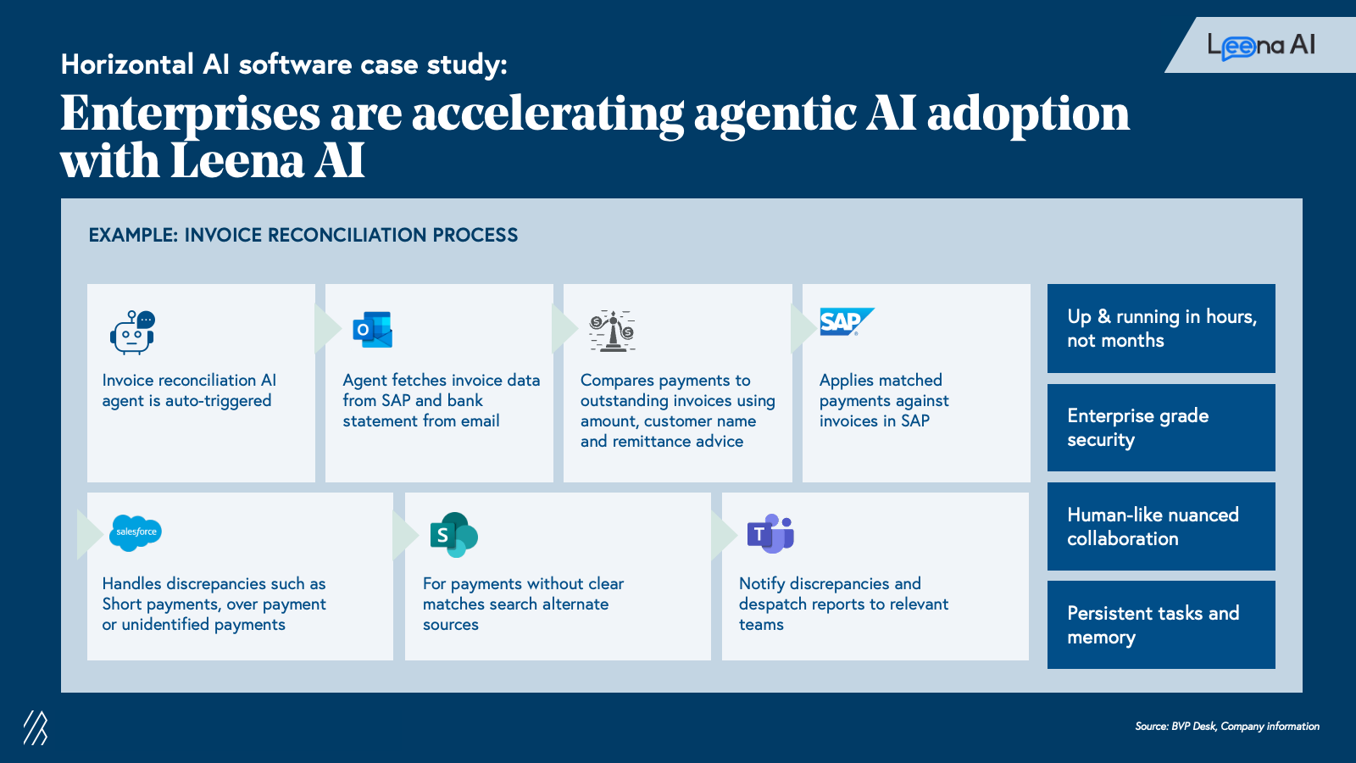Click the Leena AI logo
[1261, 46]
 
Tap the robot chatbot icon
[132, 331]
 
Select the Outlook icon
[372, 330]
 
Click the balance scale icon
[612, 331]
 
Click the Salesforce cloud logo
[136, 532]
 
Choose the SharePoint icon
[453, 534]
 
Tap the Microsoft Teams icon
[770, 534]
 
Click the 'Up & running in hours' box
[1161, 328]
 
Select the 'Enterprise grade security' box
[1161, 427]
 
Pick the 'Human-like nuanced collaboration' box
[1161, 526]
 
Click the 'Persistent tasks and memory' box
[1161, 625]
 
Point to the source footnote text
[1227, 727]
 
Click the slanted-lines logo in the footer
[36, 727]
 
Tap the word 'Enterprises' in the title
[191, 114]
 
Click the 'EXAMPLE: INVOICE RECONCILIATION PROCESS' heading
[303, 236]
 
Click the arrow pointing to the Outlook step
[326, 329]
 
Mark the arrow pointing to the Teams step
[723, 535]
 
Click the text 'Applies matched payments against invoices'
[884, 400]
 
